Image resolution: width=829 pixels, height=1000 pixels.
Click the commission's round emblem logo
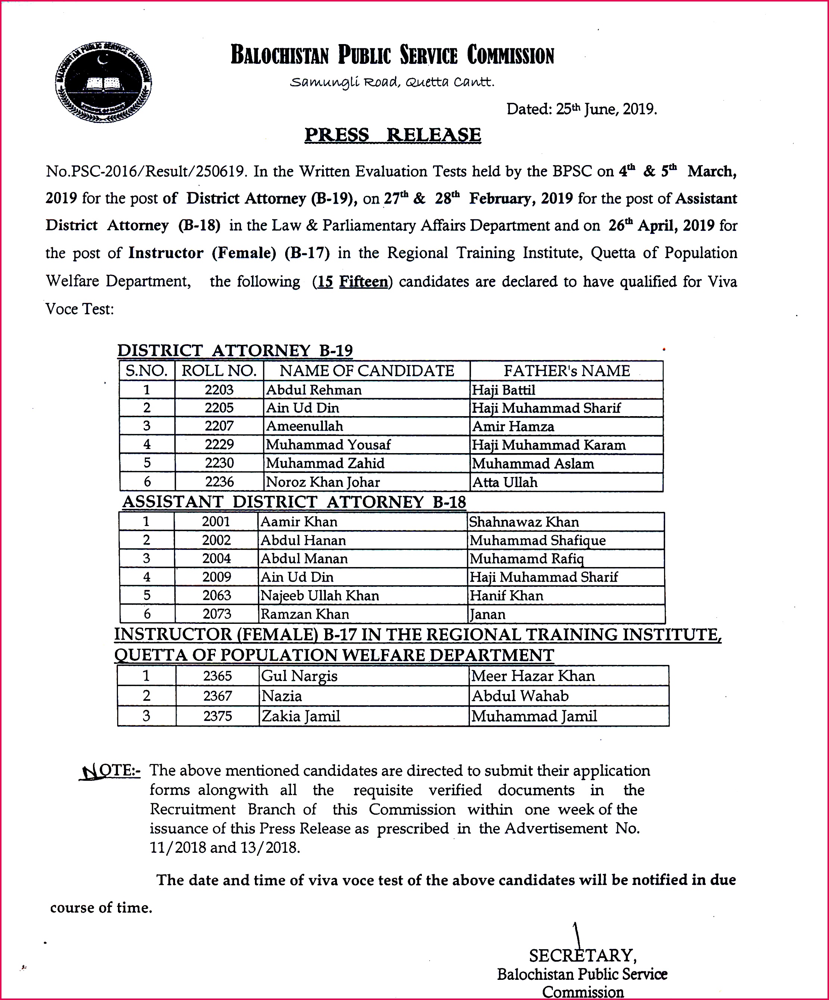pyautogui.click(x=104, y=82)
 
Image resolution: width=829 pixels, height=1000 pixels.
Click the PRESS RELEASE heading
pyautogui.click(x=393, y=135)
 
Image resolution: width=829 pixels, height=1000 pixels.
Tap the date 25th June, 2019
pyautogui.click(x=582, y=109)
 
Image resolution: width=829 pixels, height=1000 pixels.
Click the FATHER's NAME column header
pyautogui.click(x=566, y=371)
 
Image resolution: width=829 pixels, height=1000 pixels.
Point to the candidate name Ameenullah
pyautogui.click(x=305, y=426)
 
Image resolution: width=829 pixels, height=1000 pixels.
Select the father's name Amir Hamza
pyautogui.click(x=513, y=426)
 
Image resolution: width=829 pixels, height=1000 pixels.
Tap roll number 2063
pyautogui.click(x=216, y=595)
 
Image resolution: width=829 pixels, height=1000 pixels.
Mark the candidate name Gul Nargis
pyautogui.click(x=299, y=676)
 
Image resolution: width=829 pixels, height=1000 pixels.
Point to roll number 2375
pyautogui.click(x=218, y=716)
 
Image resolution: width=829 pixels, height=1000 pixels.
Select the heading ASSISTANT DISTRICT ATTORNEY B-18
pyautogui.click(x=294, y=502)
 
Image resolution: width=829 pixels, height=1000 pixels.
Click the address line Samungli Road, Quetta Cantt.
pyautogui.click(x=392, y=83)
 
